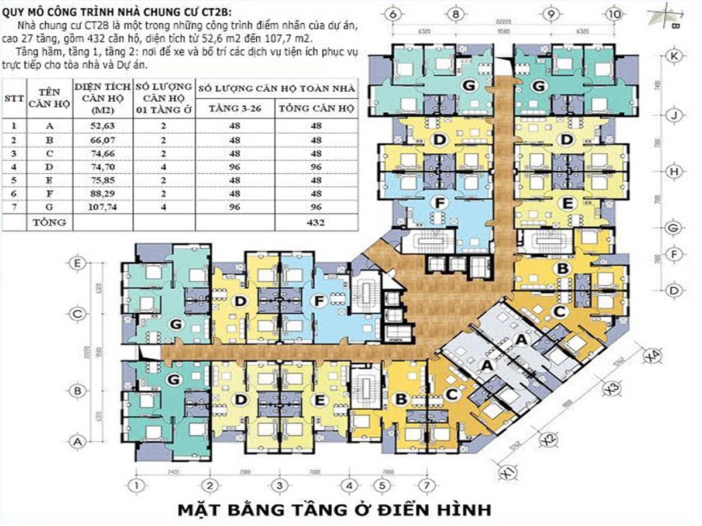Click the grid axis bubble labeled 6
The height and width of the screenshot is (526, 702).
(393, 13)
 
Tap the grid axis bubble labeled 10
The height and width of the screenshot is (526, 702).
(614, 13)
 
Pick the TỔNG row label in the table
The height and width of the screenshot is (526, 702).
(50, 222)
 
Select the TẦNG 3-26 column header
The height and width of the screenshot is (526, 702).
(235, 109)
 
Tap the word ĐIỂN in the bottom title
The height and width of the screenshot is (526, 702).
(409, 509)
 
